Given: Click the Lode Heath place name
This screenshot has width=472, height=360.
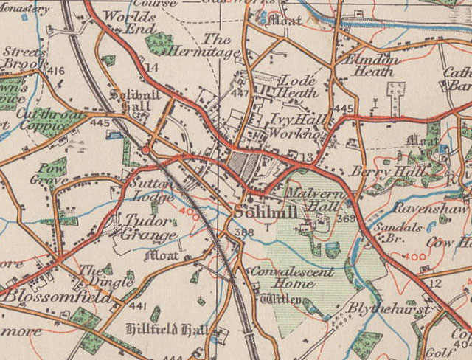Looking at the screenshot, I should coord(294,86).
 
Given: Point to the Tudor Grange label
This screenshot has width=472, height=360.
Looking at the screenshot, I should coord(148,226).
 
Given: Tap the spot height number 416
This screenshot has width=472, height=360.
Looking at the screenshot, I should coord(55,71).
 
